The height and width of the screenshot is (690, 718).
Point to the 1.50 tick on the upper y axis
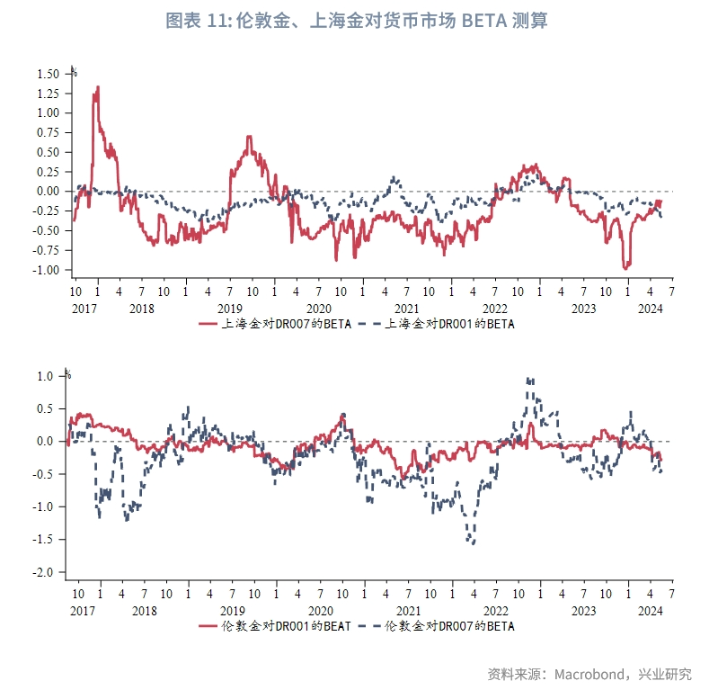[x=49, y=74]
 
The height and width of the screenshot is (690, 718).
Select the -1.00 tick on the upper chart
[x=46, y=270]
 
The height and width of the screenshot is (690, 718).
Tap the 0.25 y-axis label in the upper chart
[x=49, y=172]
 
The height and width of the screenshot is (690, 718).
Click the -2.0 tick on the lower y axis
[x=42, y=572]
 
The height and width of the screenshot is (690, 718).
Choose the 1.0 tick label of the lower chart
[x=45, y=376]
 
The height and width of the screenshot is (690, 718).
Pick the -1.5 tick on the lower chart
[x=42, y=540]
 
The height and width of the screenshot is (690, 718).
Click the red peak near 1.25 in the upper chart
[x=98, y=87]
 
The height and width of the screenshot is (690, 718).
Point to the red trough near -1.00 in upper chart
[x=625, y=268]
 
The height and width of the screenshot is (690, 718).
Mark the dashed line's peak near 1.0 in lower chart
[x=530, y=379]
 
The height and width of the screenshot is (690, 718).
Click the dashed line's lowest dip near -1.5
[x=473, y=543]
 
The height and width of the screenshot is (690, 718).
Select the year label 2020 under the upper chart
[x=319, y=309]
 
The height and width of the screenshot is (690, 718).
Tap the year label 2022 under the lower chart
[x=496, y=611]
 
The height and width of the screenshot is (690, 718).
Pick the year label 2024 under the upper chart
[x=651, y=309]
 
